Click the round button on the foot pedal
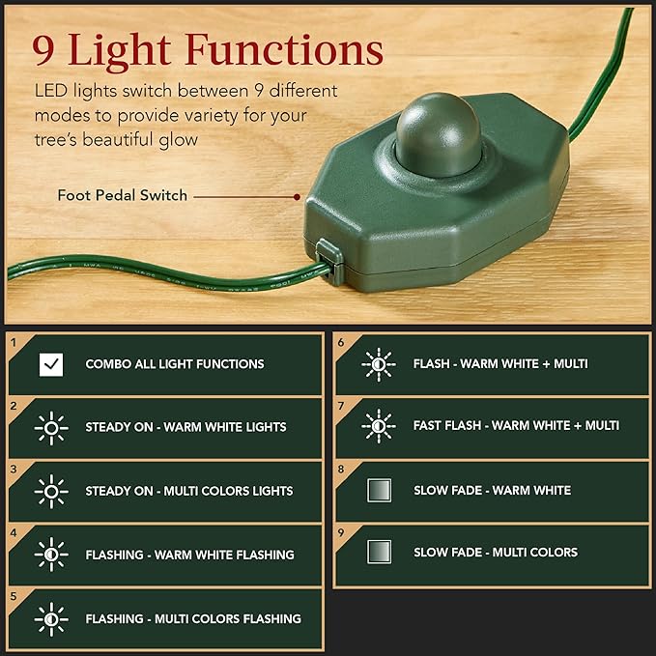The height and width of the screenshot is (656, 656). [437, 132]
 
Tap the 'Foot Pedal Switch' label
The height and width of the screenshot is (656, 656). [123, 196]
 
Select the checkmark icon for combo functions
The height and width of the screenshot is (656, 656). [51, 364]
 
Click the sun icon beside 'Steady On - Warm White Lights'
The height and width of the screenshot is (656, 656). [51, 427]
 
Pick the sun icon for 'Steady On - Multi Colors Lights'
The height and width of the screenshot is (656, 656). [51, 491]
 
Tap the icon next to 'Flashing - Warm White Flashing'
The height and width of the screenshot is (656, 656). [51, 555]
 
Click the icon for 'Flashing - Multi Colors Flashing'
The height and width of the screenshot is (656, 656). [51, 618]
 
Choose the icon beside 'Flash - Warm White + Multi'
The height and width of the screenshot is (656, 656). [378, 363]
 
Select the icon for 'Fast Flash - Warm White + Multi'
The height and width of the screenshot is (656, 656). [378, 425]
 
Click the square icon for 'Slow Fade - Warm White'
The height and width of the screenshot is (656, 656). [379, 491]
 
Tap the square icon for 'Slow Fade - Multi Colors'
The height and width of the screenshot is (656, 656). [379, 553]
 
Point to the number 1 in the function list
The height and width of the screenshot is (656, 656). [14, 342]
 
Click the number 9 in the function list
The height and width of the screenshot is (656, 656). [341, 530]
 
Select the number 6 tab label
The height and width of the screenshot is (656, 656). [341, 342]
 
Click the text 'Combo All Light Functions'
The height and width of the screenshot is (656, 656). [175, 364]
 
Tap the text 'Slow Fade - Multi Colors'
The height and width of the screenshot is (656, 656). [496, 553]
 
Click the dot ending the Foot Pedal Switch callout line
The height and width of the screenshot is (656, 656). [297, 196]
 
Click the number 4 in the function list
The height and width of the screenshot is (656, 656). [14, 532]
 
